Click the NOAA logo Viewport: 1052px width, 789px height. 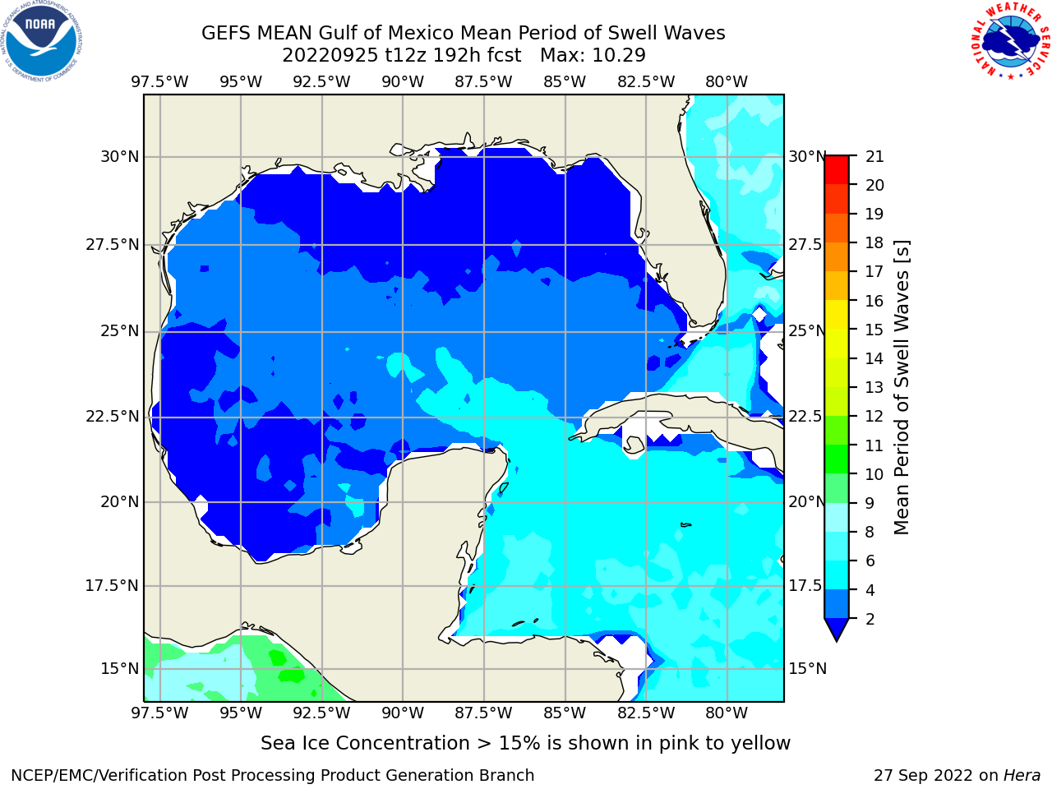click(x=41, y=41)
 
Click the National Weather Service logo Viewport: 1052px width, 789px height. click(x=1010, y=41)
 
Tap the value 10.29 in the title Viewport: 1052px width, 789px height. click(x=619, y=56)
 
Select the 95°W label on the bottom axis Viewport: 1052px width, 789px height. click(x=241, y=713)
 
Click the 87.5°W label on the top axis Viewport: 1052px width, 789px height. click(x=483, y=82)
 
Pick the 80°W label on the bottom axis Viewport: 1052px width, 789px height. click(x=727, y=713)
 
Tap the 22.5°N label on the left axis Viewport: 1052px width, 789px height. click(x=112, y=417)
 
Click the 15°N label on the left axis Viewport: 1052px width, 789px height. click(x=119, y=668)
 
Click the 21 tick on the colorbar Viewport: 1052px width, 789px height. click(x=874, y=157)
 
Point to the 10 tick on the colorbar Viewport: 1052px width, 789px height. click(x=874, y=474)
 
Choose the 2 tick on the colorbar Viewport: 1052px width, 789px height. click(x=870, y=619)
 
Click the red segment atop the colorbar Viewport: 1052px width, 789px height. click(x=837, y=169)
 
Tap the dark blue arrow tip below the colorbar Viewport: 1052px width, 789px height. click(x=837, y=640)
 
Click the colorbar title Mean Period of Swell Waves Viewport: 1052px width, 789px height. click(x=902, y=387)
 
